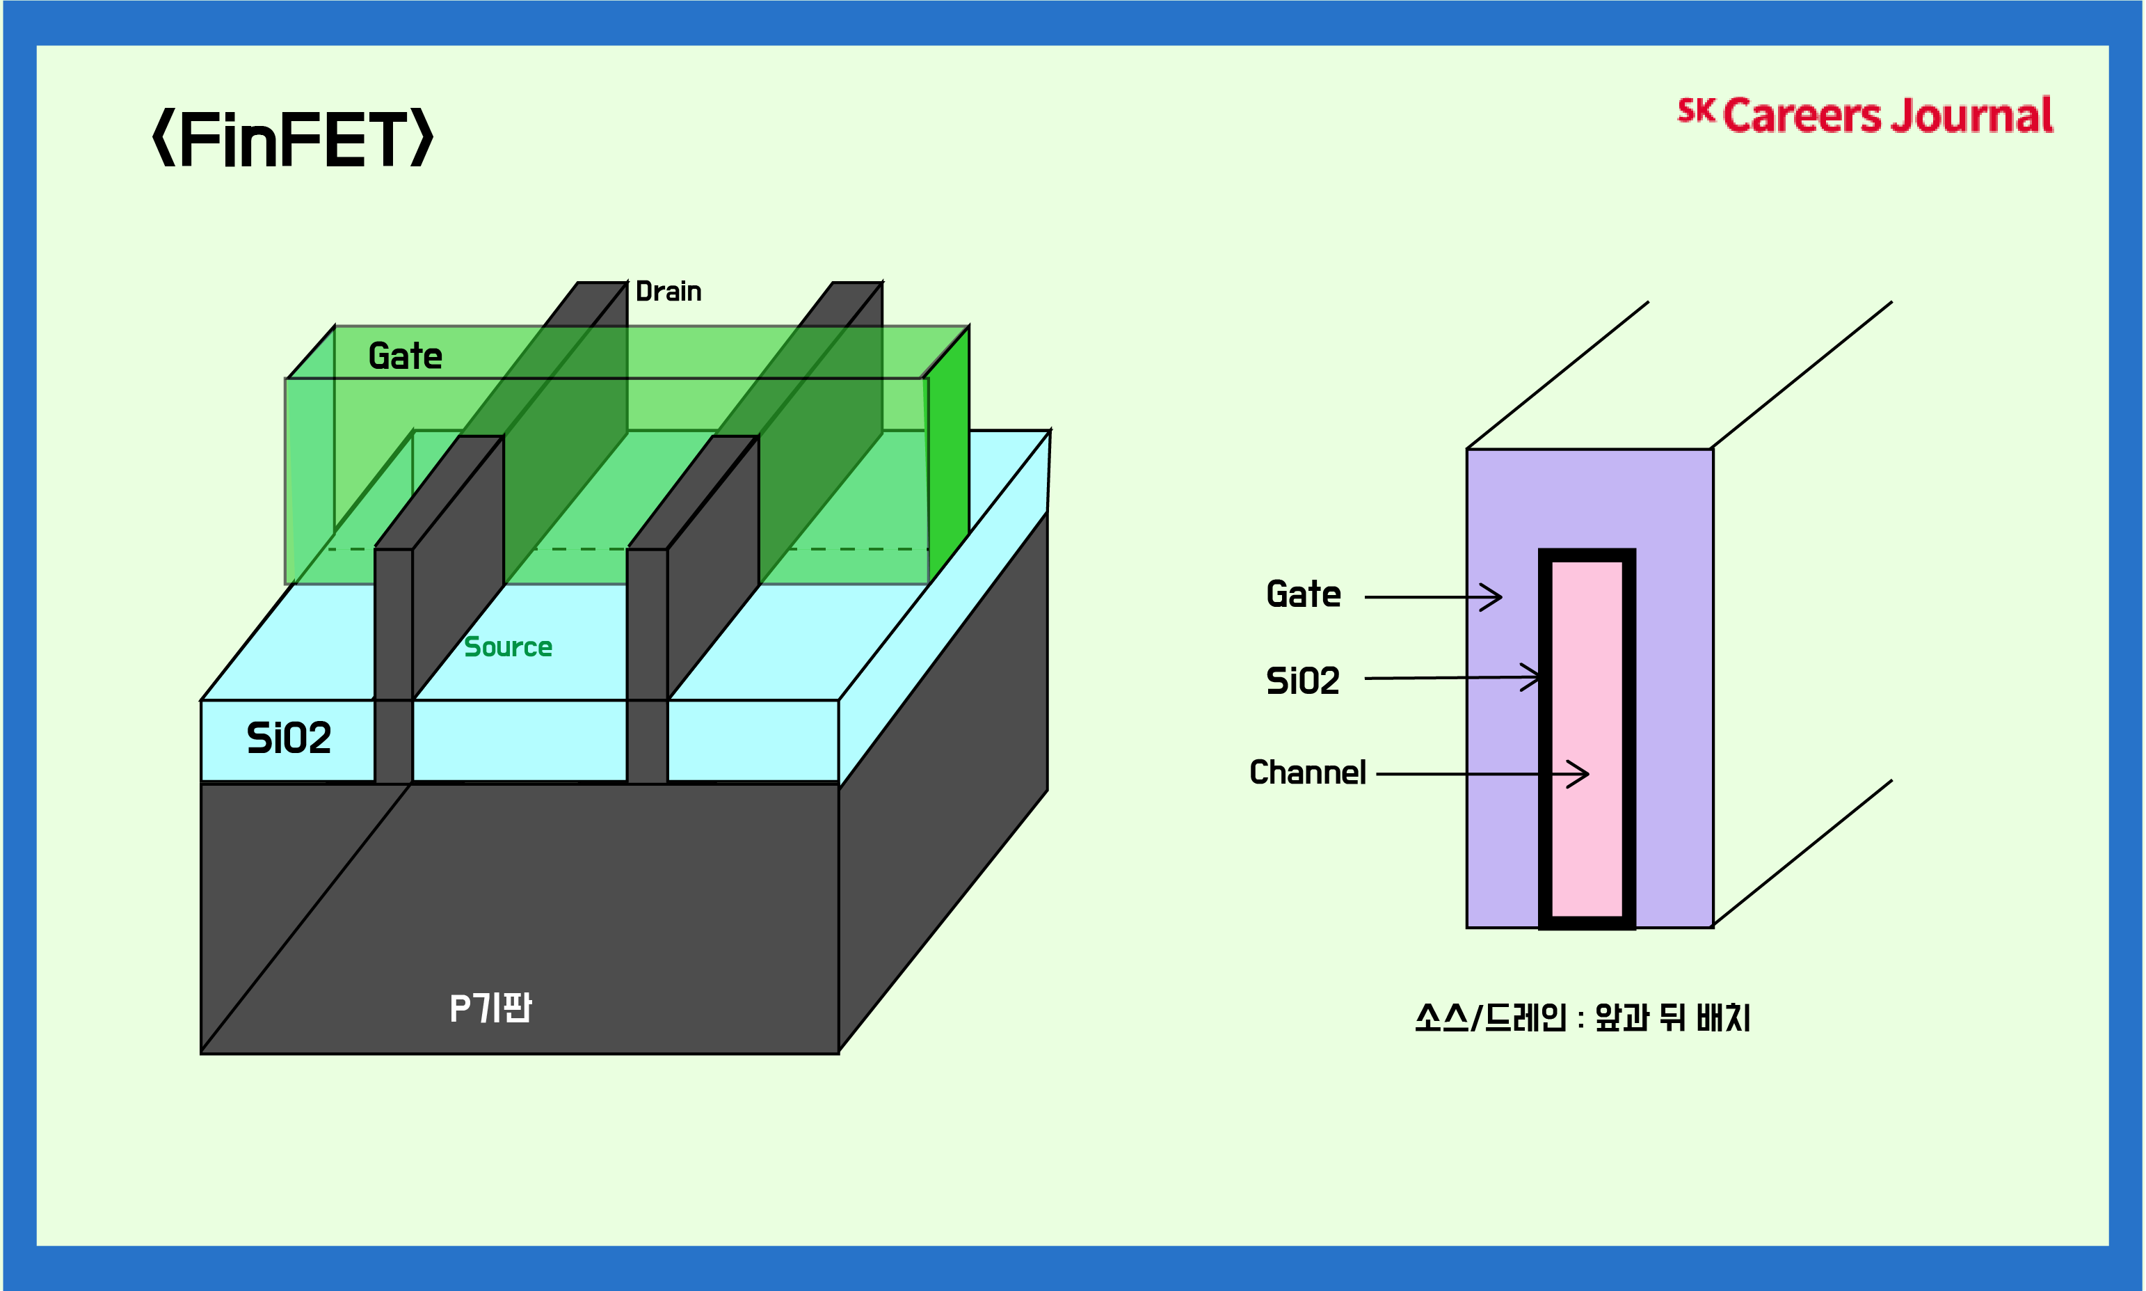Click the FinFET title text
coord(292,139)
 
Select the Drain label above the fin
coord(668,292)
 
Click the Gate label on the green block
coord(405,356)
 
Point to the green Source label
coord(508,647)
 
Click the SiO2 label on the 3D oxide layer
coord(289,738)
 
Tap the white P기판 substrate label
coord(490,1008)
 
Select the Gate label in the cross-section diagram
coord(1302,595)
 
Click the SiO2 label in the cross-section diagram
coord(1302,681)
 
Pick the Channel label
coord(1307,773)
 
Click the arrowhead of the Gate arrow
coord(1494,598)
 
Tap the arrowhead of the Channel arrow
coord(1580,773)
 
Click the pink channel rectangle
coord(1587,739)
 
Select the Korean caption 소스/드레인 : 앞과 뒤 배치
coord(1582,1017)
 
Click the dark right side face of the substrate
coord(943,783)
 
